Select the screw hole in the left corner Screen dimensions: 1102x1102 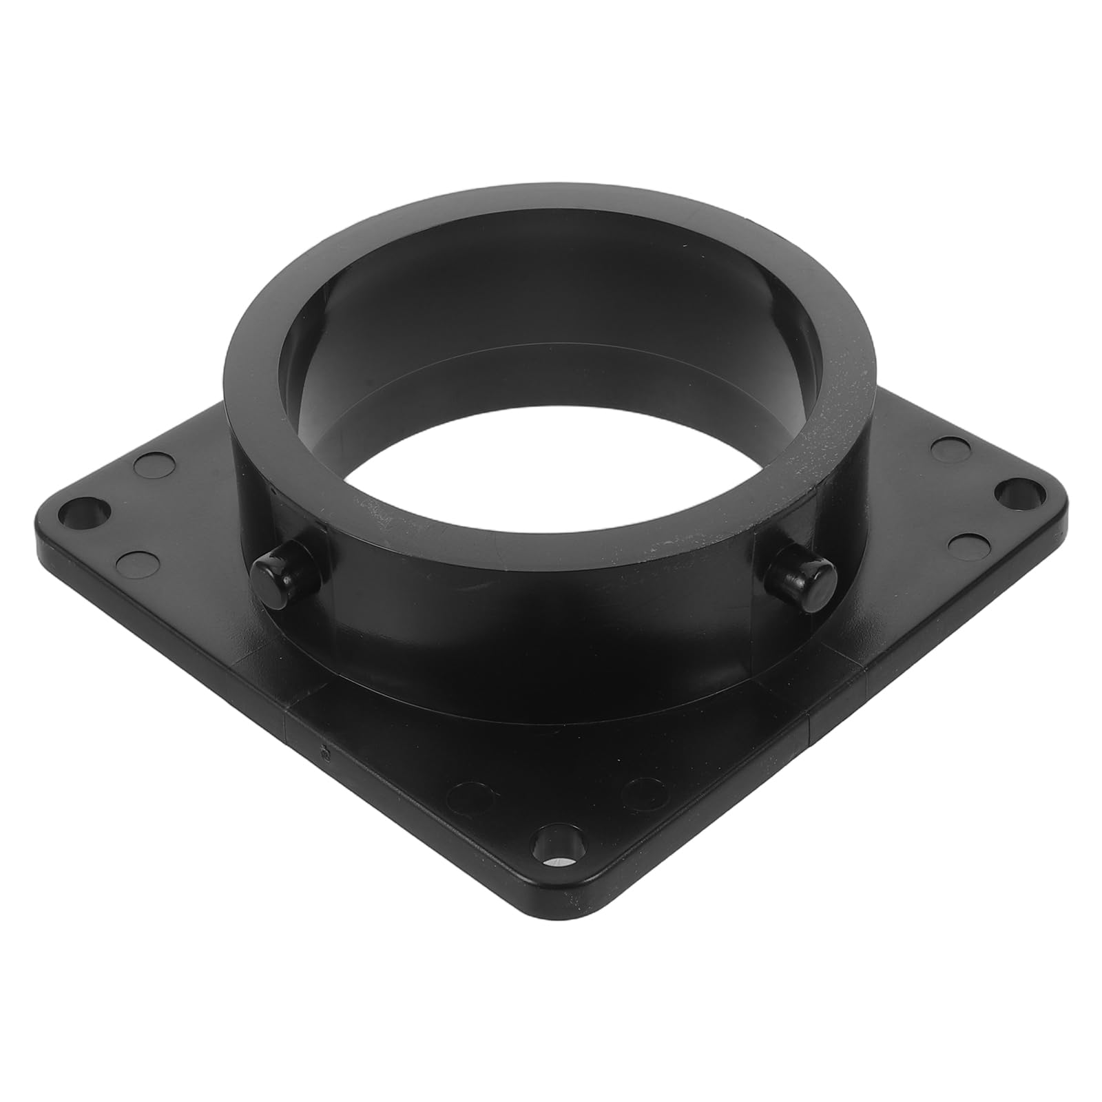click(85, 511)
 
